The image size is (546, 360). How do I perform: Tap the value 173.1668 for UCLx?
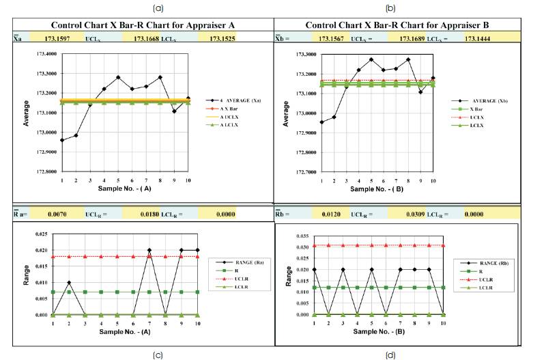pyautogui.click(x=146, y=39)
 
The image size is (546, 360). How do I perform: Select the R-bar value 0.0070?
pyautogui.click(x=57, y=214)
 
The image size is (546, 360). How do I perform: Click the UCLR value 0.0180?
pyautogui.click(x=147, y=214)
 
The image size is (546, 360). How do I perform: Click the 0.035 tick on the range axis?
pyautogui.click(x=301, y=234)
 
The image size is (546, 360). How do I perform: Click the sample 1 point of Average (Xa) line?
pyautogui.click(x=62, y=140)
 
